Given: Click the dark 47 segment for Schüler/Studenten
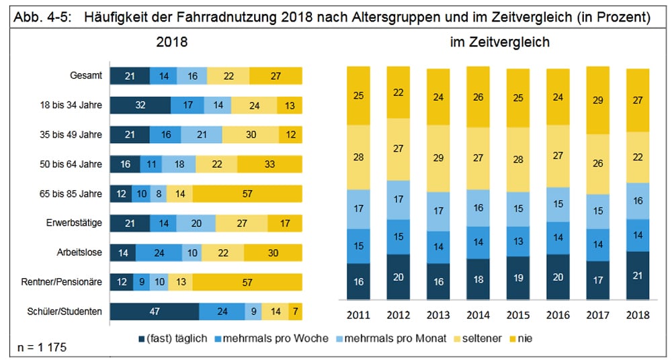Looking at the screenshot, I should [155, 312].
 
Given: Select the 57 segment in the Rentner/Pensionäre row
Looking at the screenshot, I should [246, 282].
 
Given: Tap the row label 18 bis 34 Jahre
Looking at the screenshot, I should [71, 105].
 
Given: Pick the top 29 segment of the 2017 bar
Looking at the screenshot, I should [598, 99].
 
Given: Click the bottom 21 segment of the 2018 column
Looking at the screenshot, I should [638, 275].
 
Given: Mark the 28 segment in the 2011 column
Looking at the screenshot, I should [358, 156].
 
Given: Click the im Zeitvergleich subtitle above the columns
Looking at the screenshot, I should [500, 42].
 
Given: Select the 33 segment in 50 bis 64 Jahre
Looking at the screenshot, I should [269, 165].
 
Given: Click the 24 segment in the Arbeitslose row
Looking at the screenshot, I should [159, 253].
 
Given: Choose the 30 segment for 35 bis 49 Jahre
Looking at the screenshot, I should [250, 135].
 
